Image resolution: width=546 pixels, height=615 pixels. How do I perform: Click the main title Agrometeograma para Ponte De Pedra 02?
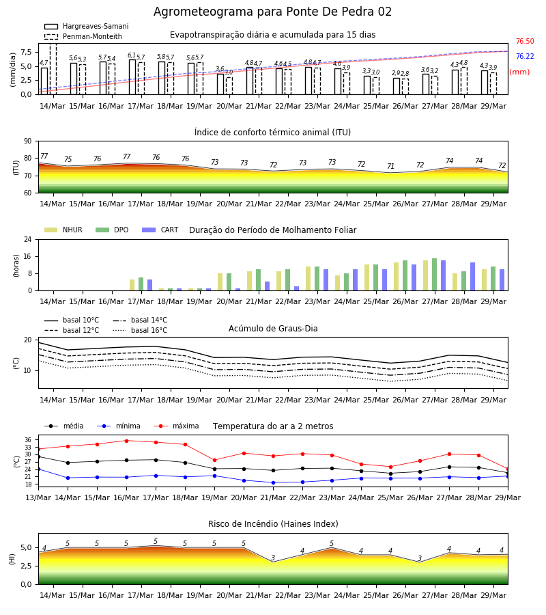click(x=272, y=12)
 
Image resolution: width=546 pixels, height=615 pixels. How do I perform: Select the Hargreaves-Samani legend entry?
click(x=87, y=26)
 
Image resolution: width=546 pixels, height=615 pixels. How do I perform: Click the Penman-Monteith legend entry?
click(x=83, y=36)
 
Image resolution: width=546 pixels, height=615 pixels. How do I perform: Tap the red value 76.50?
click(x=525, y=41)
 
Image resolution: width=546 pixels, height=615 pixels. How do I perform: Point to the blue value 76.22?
click(x=525, y=56)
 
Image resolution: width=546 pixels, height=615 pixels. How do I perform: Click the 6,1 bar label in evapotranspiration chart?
click(x=132, y=55)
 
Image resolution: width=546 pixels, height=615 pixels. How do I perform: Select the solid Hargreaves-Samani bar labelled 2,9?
click(x=397, y=86)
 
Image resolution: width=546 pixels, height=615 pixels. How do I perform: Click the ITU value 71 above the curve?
click(x=390, y=166)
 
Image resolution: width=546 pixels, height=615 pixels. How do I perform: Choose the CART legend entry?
click(x=160, y=230)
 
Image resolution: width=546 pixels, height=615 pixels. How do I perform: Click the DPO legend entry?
click(x=112, y=230)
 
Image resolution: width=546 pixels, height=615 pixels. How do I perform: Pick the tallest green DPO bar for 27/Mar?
click(x=434, y=275)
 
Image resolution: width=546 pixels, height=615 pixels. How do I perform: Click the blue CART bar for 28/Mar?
click(x=473, y=277)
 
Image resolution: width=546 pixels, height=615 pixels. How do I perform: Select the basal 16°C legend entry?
click(x=140, y=330)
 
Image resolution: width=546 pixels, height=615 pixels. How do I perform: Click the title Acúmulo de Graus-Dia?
click(x=273, y=328)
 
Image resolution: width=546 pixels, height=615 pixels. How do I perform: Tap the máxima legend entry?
click(x=177, y=426)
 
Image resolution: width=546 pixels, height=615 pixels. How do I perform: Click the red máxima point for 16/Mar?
click(x=126, y=441)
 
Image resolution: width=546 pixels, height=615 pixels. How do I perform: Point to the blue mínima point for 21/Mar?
click(x=274, y=483)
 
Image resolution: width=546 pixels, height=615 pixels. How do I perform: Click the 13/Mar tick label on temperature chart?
click(x=38, y=497)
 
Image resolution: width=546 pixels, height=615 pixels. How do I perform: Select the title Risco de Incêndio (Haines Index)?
click(x=273, y=524)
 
